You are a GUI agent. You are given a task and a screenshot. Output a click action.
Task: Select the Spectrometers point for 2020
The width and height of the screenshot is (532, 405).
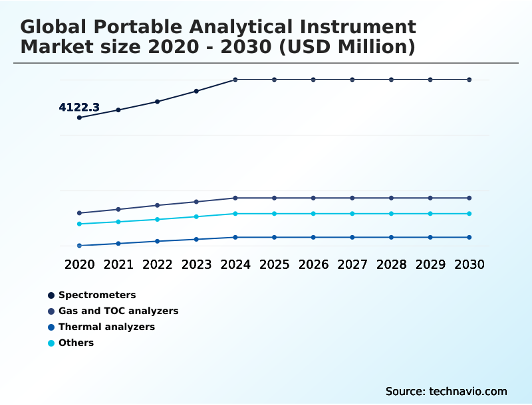click(80, 118)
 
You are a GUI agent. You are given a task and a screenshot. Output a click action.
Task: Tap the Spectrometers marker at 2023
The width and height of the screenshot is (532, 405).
click(196, 91)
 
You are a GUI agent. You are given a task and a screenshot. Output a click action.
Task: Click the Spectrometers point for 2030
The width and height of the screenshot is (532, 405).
click(469, 80)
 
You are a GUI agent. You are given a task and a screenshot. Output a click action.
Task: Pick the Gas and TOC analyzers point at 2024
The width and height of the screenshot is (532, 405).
click(235, 198)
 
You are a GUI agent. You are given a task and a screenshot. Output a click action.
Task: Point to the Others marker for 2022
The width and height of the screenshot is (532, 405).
click(158, 219)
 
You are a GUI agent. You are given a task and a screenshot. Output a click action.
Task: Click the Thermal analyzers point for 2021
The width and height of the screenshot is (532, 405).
click(118, 244)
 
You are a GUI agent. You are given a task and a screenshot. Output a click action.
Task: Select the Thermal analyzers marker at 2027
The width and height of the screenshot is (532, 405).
click(352, 237)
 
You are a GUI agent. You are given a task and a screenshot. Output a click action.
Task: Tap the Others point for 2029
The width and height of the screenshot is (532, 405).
click(430, 214)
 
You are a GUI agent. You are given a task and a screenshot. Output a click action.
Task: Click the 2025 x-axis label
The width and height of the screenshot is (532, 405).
click(274, 264)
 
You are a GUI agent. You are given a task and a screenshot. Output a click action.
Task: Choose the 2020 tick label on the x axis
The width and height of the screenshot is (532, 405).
click(80, 264)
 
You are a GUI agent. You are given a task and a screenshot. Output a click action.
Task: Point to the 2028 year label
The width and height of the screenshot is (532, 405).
click(391, 264)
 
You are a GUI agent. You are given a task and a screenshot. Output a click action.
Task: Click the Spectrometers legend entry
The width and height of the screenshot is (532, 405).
click(96, 295)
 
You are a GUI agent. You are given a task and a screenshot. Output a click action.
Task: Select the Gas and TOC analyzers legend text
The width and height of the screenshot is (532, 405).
click(118, 311)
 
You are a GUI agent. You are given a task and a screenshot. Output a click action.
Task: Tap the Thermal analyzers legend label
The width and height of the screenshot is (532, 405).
click(106, 327)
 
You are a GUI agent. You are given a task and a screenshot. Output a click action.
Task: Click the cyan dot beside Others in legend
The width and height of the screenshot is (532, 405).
click(51, 343)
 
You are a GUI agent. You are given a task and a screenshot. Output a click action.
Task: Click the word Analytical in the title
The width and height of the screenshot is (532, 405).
click(263, 27)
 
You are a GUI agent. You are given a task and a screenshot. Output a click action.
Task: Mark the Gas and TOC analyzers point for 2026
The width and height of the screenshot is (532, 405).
click(313, 198)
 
